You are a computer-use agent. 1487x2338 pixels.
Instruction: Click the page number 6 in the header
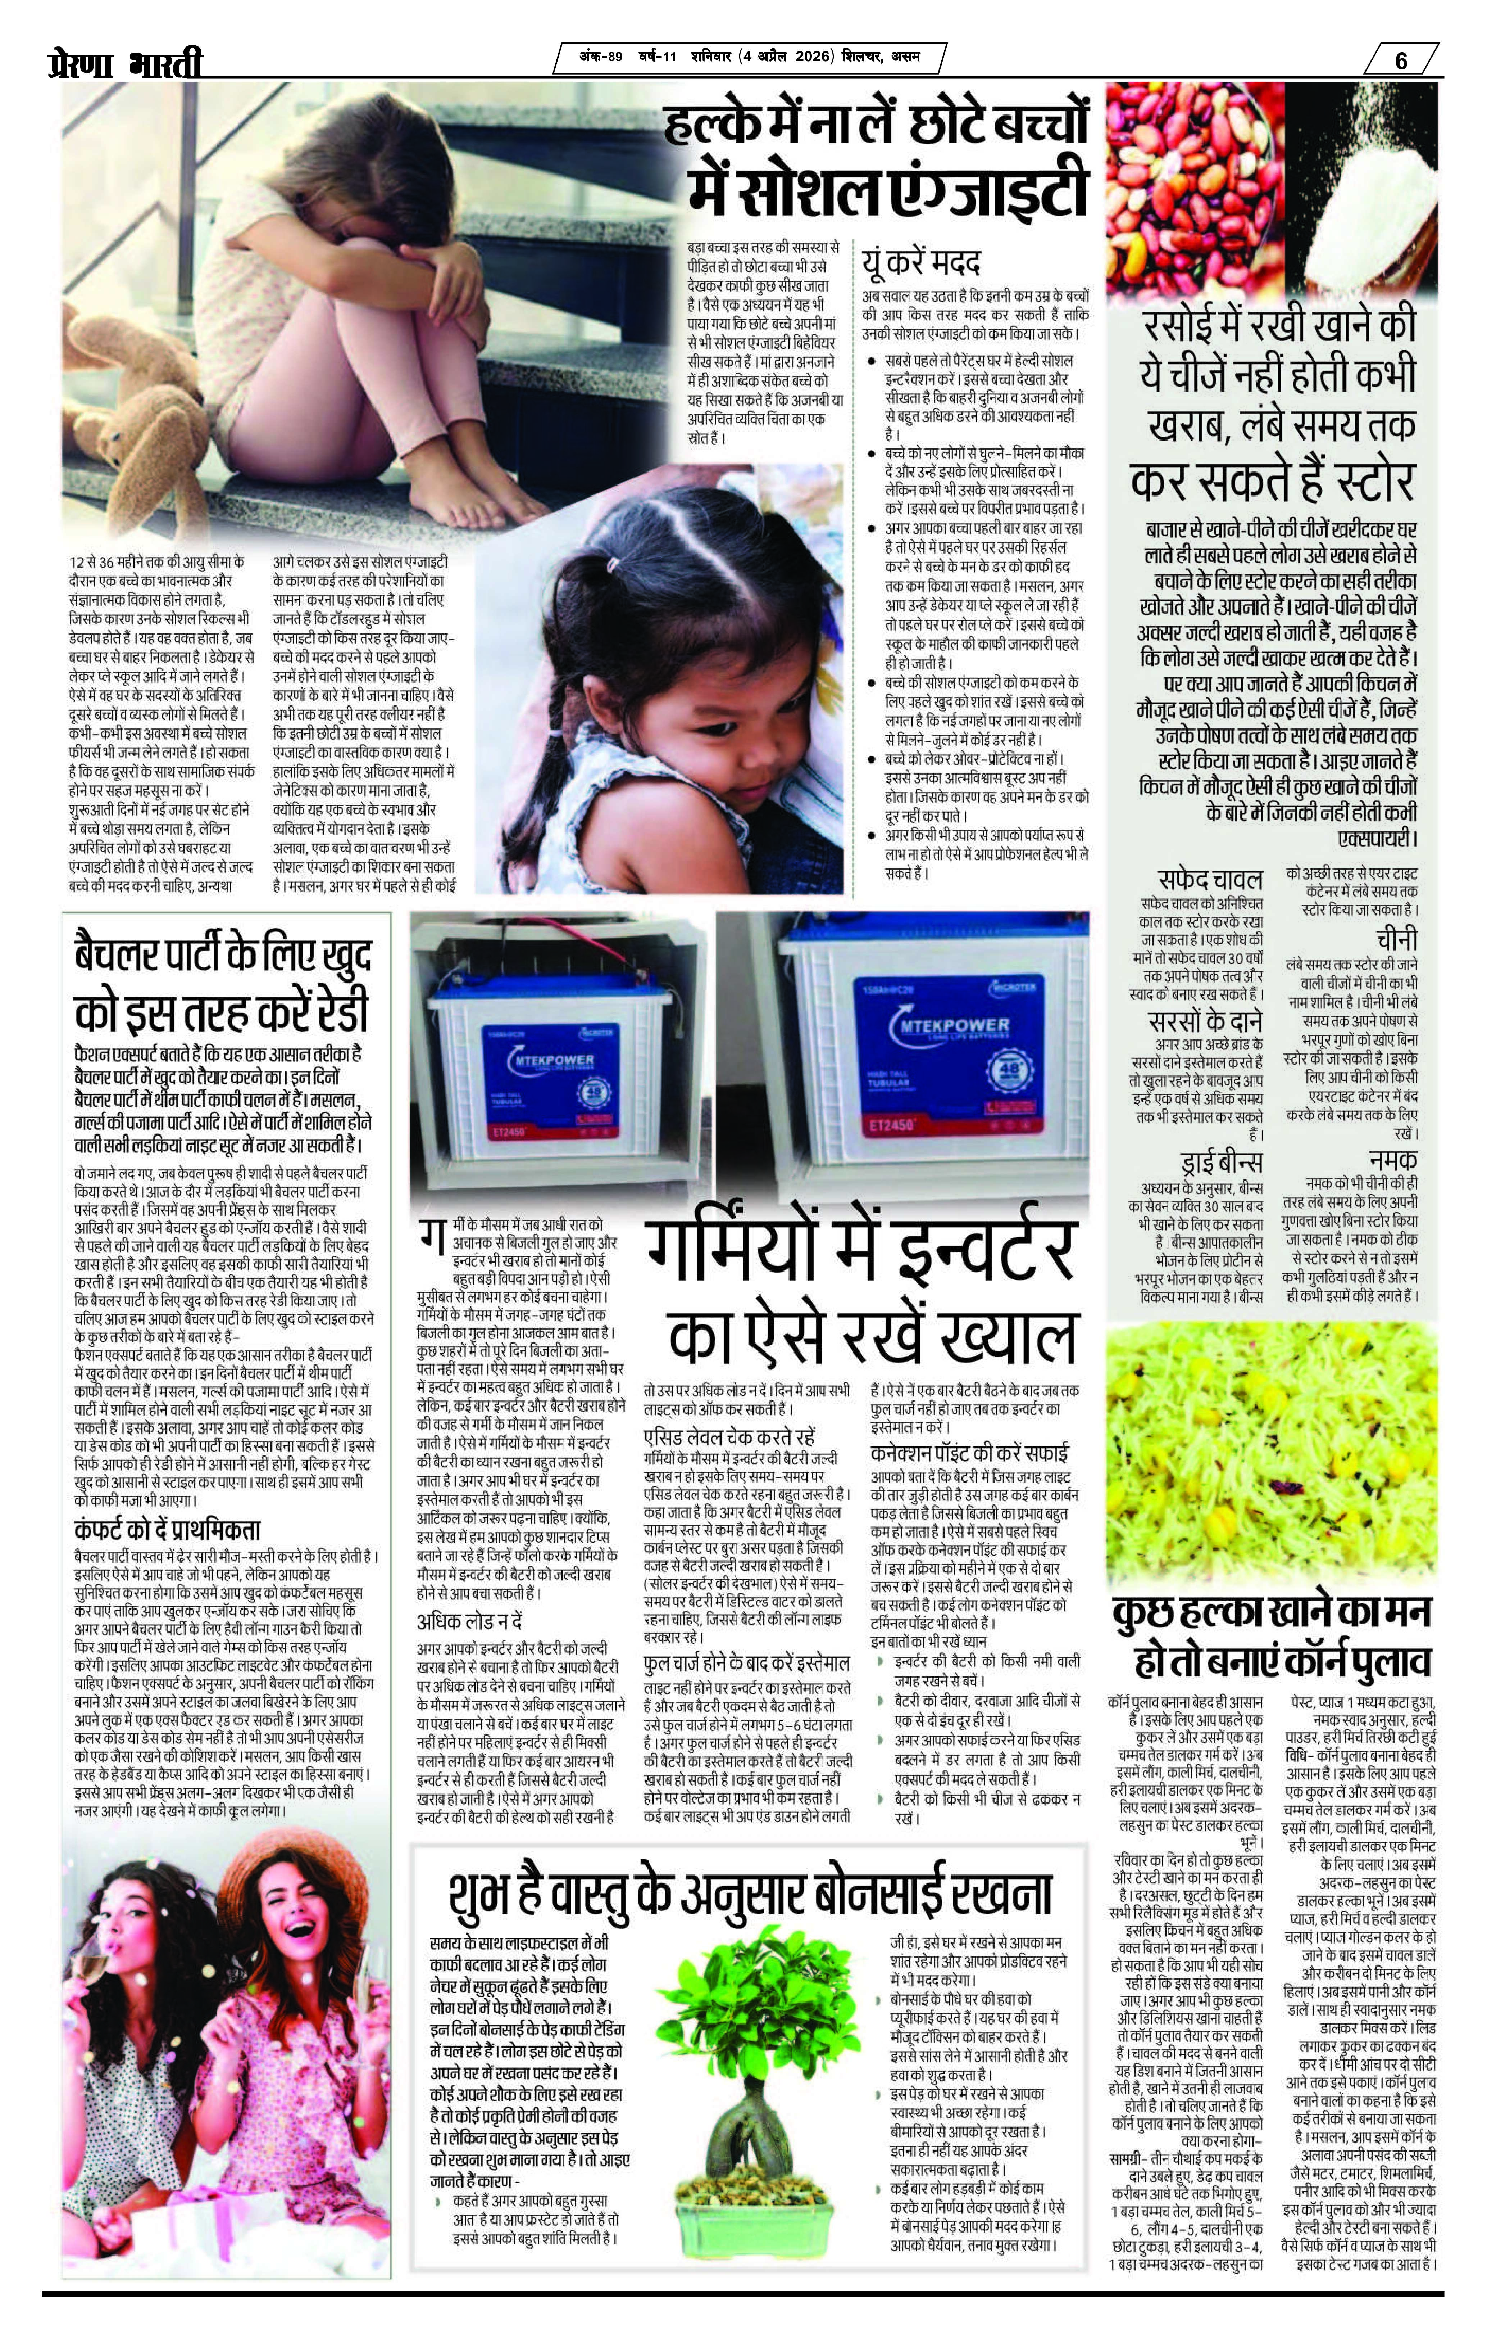coord(1401,60)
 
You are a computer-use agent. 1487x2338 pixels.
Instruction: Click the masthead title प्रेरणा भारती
coord(126,64)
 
